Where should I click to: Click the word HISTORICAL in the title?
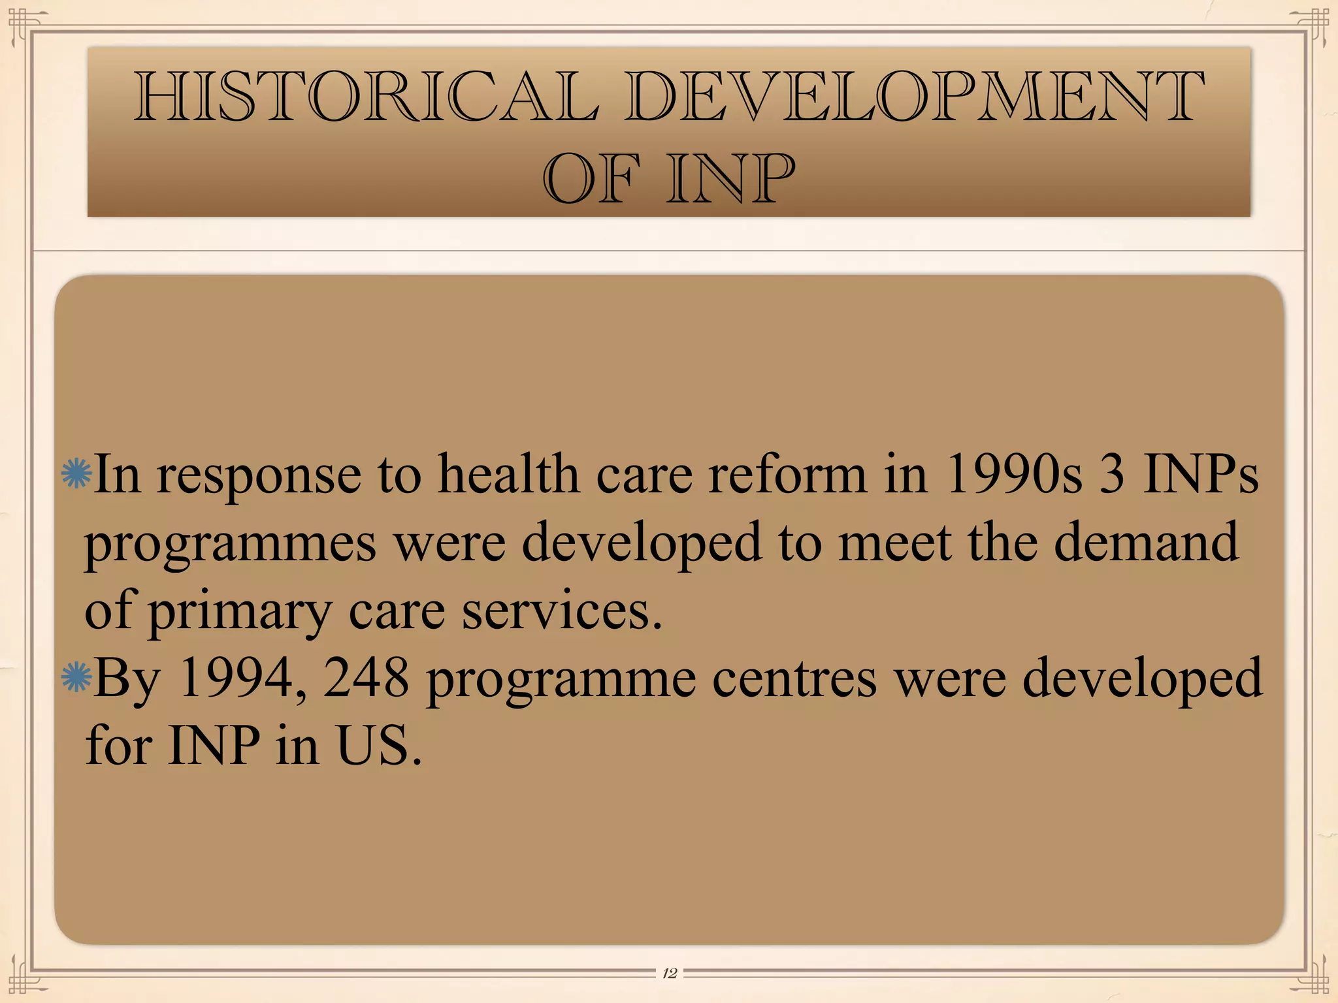pyautogui.click(x=366, y=98)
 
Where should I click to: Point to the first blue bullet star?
pyautogui.click(x=76, y=473)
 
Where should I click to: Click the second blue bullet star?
pyautogui.click(x=76, y=677)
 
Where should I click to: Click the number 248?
pyautogui.click(x=366, y=677)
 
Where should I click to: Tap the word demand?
pyautogui.click(x=1146, y=542)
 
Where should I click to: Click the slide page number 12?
pyautogui.click(x=669, y=974)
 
